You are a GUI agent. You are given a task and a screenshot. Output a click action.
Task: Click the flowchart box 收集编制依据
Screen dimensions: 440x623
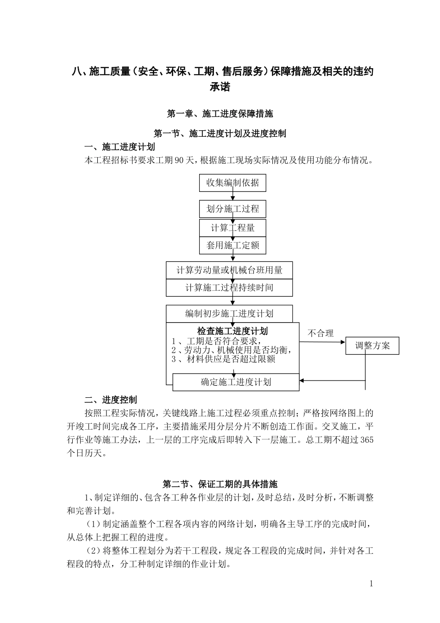(x=233, y=183)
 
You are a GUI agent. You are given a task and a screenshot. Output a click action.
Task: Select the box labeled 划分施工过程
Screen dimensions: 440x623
(x=233, y=209)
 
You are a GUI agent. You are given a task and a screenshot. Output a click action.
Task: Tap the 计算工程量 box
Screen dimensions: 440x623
(x=233, y=228)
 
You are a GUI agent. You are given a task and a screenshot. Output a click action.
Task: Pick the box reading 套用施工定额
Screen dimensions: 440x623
(x=233, y=245)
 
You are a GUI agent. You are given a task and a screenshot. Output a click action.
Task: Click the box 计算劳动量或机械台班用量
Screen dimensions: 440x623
(x=229, y=270)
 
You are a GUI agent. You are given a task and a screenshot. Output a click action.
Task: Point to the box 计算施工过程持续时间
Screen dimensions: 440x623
(x=229, y=287)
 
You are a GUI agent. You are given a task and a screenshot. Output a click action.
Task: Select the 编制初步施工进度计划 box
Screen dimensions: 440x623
(x=229, y=314)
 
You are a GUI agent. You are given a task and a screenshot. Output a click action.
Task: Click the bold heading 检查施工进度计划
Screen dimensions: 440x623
(x=233, y=331)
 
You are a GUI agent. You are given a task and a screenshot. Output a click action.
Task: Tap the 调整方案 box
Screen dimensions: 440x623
(x=372, y=346)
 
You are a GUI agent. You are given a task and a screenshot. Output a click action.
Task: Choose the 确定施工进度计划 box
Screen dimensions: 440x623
(x=236, y=382)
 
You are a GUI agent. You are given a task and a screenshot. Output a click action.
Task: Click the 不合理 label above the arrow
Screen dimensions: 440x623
(x=321, y=333)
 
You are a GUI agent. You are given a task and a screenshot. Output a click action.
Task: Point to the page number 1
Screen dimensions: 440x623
(x=371, y=584)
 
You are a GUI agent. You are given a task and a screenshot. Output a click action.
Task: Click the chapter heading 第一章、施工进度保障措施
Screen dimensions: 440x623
(x=220, y=114)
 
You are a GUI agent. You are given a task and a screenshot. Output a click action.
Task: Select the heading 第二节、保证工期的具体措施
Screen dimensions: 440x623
(x=220, y=484)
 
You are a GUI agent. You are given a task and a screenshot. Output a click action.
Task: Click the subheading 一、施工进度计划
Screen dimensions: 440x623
(x=119, y=147)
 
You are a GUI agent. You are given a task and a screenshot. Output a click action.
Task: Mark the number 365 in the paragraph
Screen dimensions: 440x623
(x=366, y=440)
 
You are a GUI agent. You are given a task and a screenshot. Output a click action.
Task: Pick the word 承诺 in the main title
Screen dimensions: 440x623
(x=220, y=87)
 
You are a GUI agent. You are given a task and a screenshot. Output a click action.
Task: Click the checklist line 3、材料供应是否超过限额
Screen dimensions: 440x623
(x=223, y=359)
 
